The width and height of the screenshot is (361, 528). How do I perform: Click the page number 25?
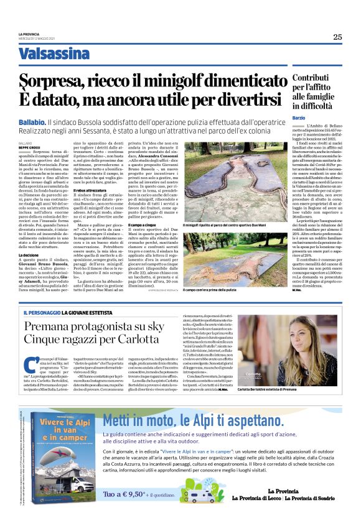pyautogui.click(x=337, y=37)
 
